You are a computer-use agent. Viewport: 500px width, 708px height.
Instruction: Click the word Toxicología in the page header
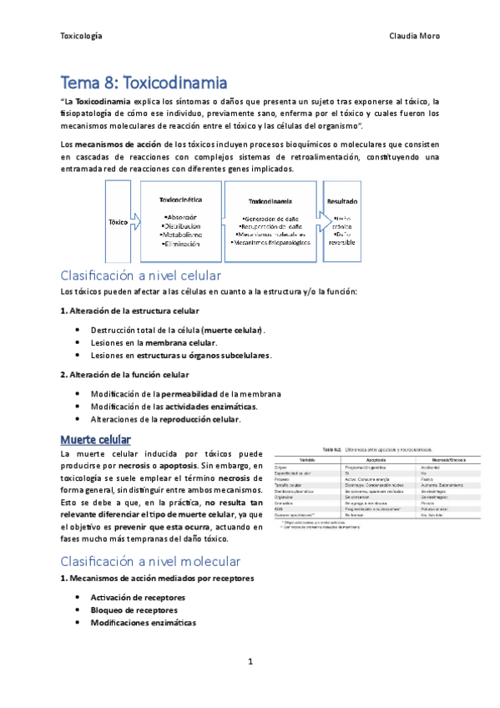pos(81,37)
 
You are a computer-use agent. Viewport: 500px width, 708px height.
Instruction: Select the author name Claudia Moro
pos(414,37)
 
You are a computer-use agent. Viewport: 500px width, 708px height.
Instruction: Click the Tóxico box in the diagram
pos(119,223)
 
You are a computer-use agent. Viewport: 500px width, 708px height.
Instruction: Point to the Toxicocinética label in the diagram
pos(181,201)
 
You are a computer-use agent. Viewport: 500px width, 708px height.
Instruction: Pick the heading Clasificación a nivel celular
pos(139,275)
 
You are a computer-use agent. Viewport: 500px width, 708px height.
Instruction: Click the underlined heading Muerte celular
pos(94,439)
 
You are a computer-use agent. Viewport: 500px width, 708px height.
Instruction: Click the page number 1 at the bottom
pos(250,662)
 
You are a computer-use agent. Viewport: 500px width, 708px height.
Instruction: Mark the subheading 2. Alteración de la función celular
pos(130,374)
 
